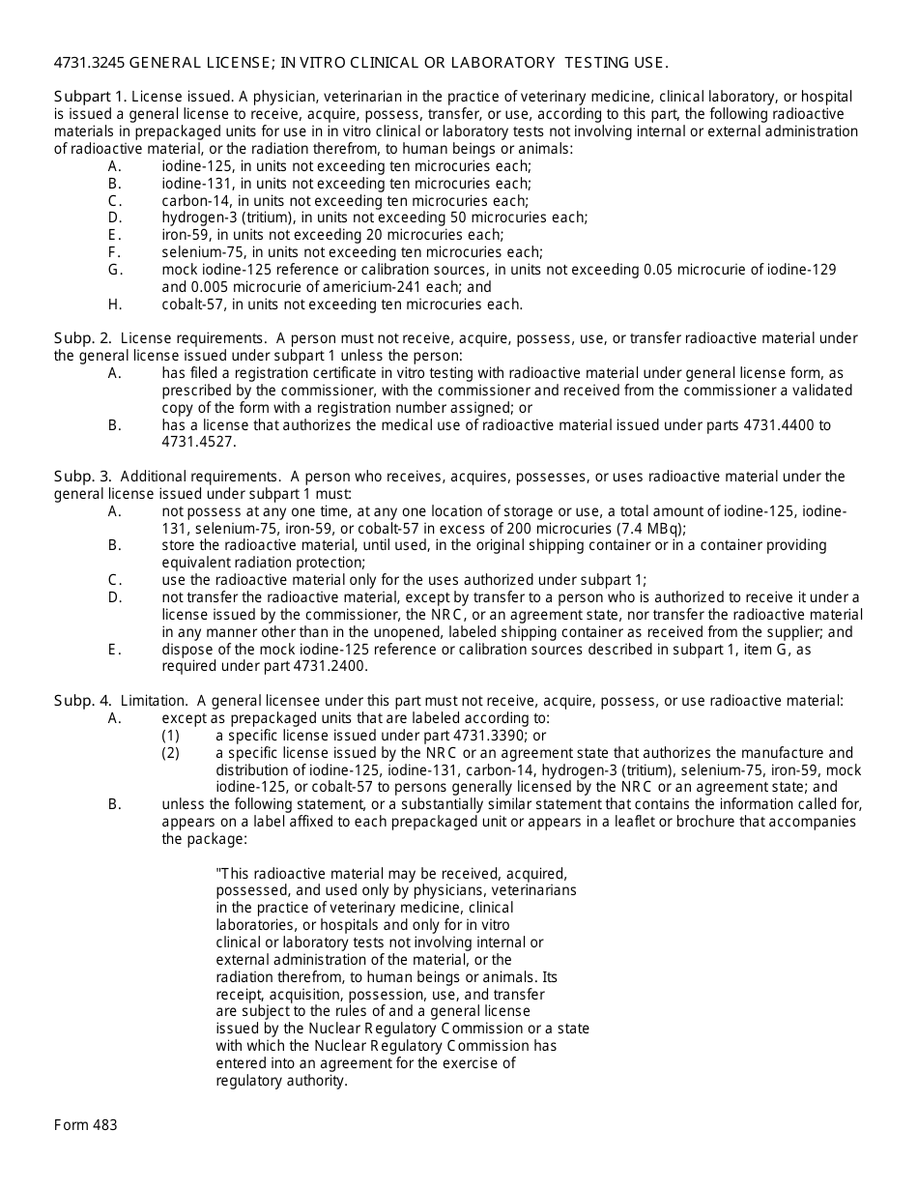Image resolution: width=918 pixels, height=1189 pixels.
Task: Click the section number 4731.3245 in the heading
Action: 89,63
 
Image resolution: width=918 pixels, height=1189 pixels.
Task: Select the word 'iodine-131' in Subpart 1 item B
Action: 194,184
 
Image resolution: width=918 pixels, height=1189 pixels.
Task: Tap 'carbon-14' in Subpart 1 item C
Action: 192,201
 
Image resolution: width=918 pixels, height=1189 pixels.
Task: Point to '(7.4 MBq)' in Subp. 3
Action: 652,529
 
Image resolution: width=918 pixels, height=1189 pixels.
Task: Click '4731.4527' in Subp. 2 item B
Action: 197,442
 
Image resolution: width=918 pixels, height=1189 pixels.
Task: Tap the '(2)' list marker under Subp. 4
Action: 171,753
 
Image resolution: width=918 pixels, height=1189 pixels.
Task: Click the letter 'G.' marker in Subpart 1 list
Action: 115,270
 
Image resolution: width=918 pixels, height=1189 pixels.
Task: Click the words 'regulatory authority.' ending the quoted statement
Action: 281,1081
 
